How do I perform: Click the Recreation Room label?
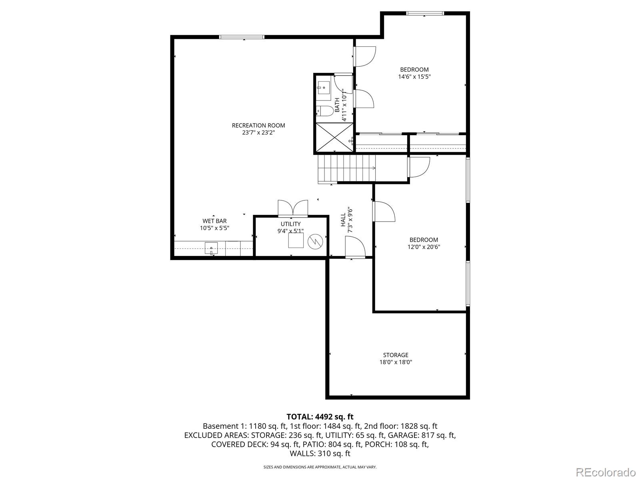pos(258,125)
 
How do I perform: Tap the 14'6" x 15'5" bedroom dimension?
pos(414,77)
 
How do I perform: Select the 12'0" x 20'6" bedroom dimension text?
pos(424,247)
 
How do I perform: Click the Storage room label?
pos(396,355)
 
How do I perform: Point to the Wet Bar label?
pos(214,221)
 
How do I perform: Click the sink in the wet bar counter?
pos(211,248)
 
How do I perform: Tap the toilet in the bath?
pos(325,111)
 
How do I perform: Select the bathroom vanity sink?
pos(323,87)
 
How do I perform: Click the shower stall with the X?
pos(334,137)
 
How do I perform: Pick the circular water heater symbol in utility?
pos(316,242)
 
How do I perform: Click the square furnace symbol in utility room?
pos(296,240)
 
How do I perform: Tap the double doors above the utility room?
pos(293,208)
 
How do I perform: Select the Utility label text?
pos(291,224)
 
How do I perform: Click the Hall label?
pos(343,220)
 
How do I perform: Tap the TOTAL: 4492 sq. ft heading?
pos(320,416)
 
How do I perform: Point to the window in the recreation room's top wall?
pos(242,37)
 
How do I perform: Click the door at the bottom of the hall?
pos(355,247)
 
